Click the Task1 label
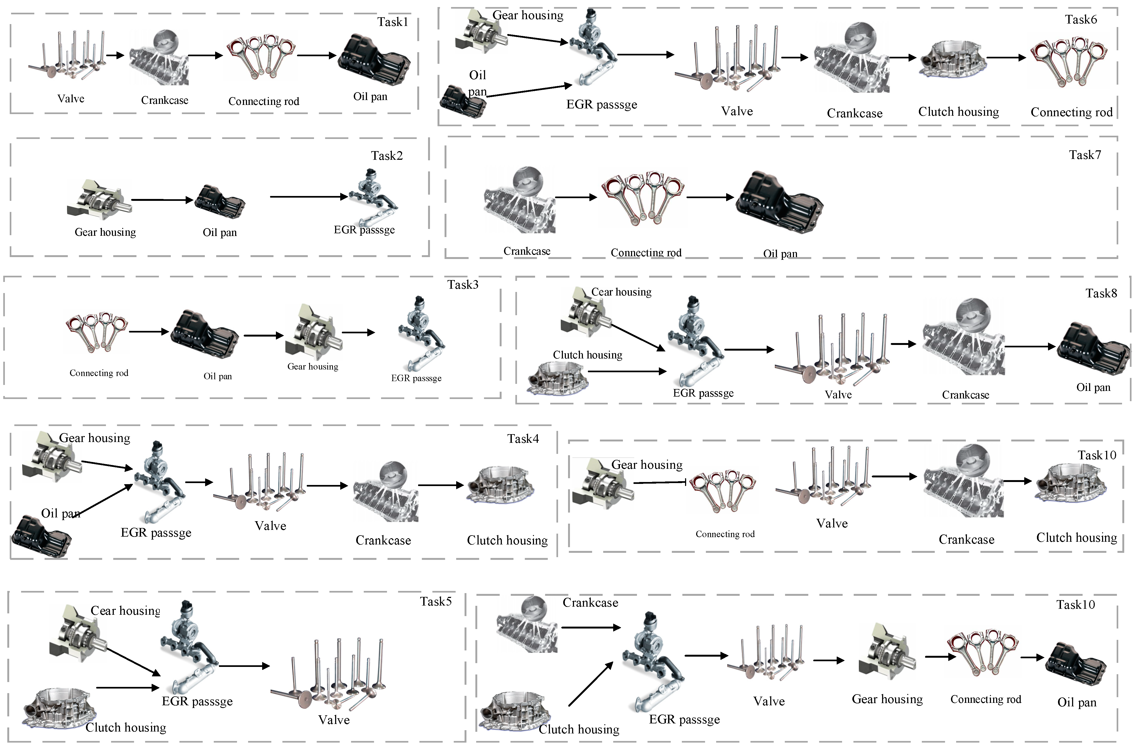point(392,22)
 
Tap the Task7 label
point(1084,155)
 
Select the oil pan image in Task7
point(779,203)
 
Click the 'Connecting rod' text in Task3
point(99,373)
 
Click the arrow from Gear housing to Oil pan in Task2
point(162,200)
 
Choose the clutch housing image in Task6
point(952,60)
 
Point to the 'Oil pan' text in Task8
point(1093,387)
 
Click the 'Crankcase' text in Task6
point(855,113)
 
